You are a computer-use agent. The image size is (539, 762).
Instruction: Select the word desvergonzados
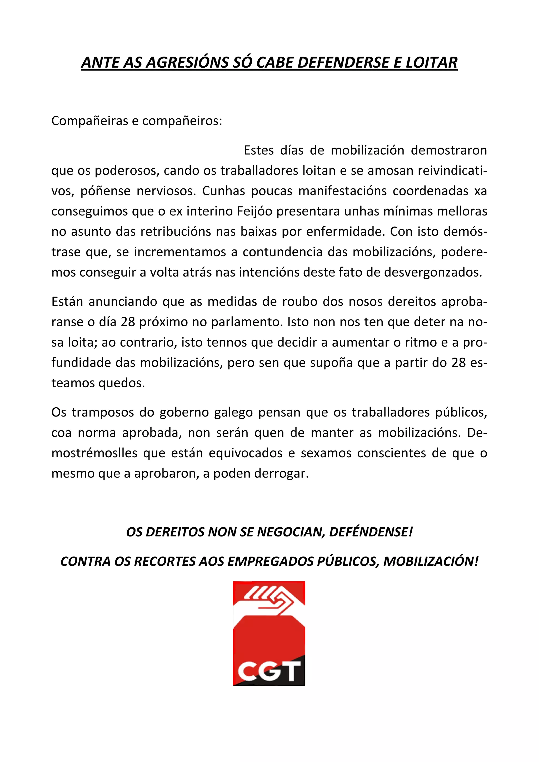tap(433, 272)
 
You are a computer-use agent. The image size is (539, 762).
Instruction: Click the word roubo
tap(296, 302)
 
